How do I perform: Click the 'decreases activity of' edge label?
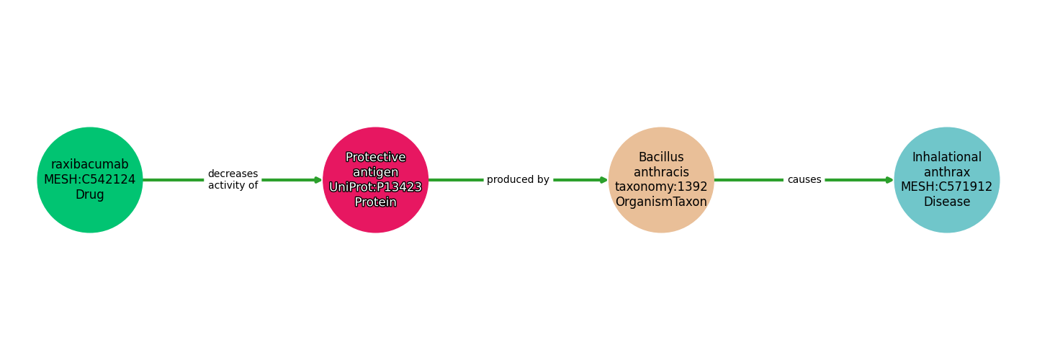233,180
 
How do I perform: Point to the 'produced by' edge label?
518,180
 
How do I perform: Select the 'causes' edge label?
804,180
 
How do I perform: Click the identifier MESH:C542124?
90,180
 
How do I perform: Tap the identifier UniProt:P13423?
375,187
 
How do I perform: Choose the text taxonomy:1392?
661,187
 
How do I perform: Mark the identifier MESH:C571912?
946,187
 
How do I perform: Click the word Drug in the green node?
90,195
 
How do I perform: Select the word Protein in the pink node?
375,202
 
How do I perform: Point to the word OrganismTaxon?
661,202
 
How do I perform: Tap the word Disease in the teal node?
946,202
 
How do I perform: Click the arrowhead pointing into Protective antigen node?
318,180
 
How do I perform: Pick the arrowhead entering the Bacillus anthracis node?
603,180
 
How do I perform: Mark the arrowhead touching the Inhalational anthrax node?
889,180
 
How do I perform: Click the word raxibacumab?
90,165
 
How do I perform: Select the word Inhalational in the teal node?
946,158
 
